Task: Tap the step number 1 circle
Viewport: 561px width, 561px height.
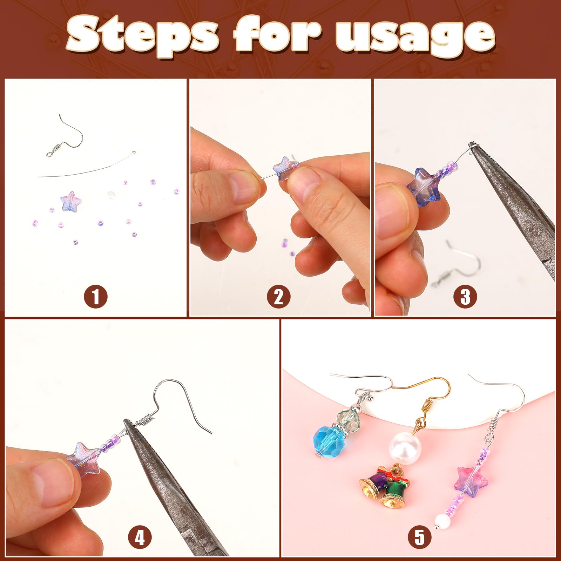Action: click(95, 297)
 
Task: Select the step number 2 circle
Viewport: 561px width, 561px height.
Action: click(278, 297)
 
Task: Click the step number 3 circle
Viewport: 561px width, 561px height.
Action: click(465, 297)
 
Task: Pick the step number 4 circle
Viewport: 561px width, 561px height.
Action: click(140, 538)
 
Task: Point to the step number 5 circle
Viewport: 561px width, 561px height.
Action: click(419, 538)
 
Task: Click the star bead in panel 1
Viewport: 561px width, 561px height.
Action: click(71, 202)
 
